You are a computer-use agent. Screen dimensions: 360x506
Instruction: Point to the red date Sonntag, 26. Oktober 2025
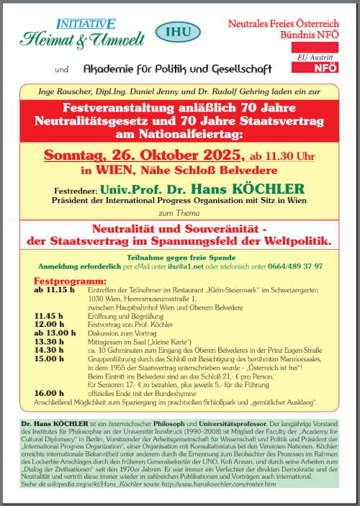(132, 155)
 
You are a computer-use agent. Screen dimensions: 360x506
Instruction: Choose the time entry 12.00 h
(47, 323)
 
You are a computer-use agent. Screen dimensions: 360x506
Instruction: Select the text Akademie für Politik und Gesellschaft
(177, 69)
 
